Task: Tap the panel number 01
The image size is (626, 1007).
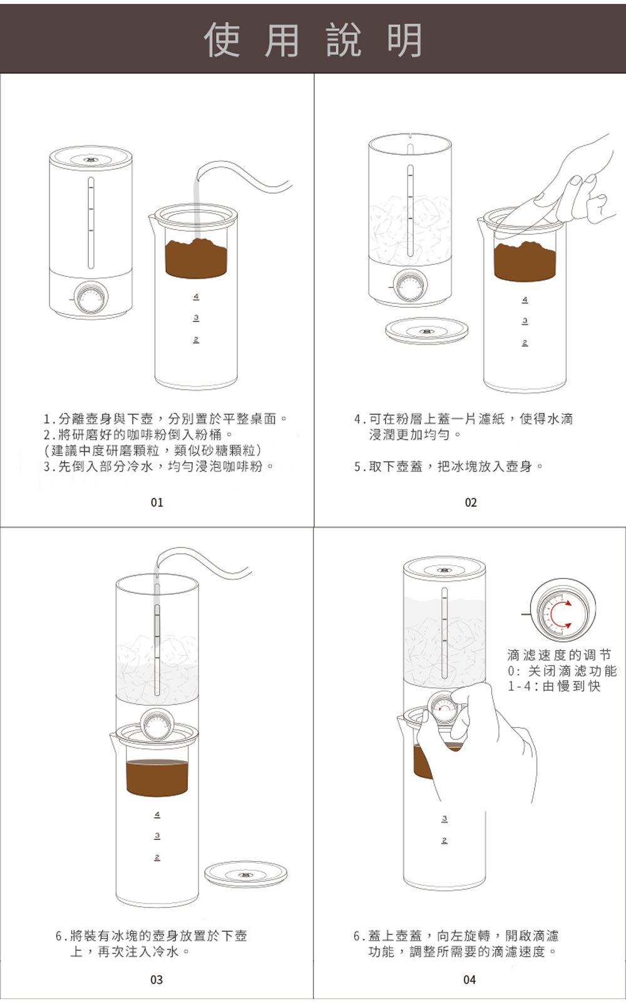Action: point(157,502)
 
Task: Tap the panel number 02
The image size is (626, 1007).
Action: point(471,502)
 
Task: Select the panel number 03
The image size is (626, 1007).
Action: point(156,979)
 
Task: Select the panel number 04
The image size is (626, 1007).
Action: point(469,979)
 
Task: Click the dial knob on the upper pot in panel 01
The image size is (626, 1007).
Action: point(91,299)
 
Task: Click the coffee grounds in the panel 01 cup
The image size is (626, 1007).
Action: point(196,258)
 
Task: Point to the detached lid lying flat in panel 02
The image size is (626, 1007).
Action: point(426,330)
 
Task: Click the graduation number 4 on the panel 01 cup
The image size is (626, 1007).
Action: point(196,296)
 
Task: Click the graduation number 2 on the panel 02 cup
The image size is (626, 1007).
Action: point(525,343)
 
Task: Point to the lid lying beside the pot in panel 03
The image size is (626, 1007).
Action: point(245,874)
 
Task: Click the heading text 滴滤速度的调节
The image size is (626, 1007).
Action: point(558,655)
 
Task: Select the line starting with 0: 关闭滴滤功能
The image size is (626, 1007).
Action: point(562,671)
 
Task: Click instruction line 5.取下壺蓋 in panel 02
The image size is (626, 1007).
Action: point(448,467)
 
